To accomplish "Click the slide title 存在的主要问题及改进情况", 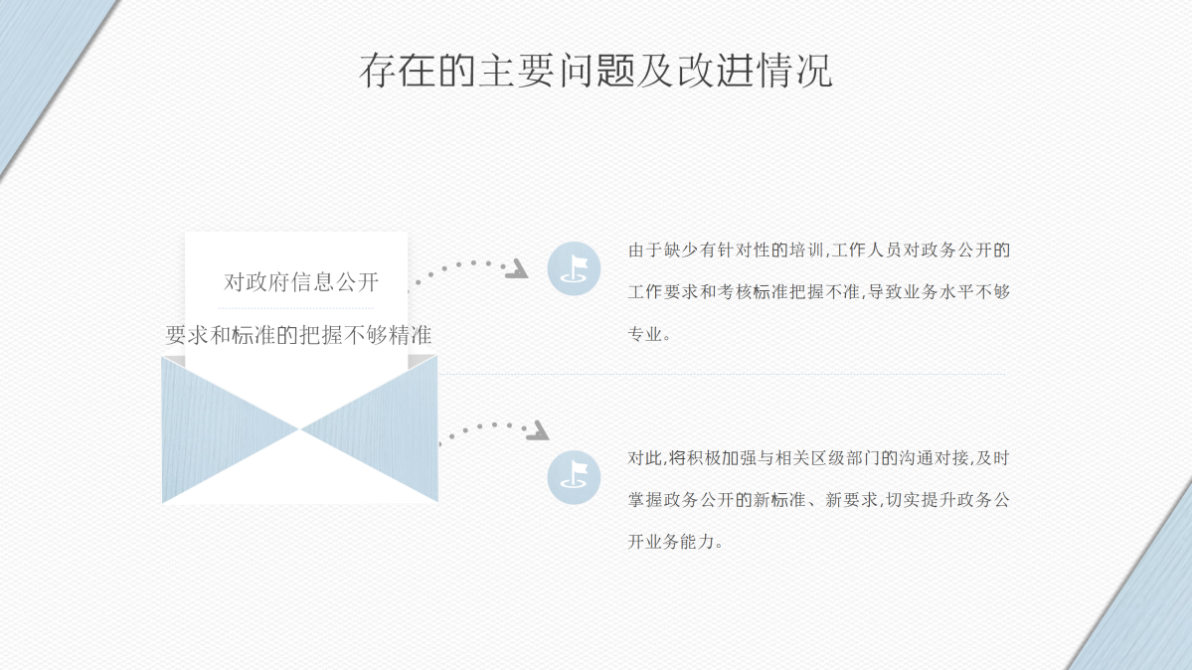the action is pyautogui.click(x=596, y=70).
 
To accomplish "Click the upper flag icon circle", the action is pyautogui.click(x=574, y=268).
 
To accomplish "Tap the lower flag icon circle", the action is pyautogui.click(x=574, y=477).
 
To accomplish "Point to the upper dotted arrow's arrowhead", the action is pyautogui.click(x=518, y=269).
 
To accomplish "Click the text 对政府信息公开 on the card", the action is pyautogui.click(x=301, y=282).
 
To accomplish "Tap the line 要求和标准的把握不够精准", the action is pyautogui.click(x=299, y=335).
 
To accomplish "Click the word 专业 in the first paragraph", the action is pyautogui.click(x=644, y=334).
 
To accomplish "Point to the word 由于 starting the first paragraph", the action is pyautogui.click(x=644, y=251).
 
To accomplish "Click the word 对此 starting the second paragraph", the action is pyautogui.click(x=644, y=458).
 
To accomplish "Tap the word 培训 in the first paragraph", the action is pyautogui.click(x=807, y=251).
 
